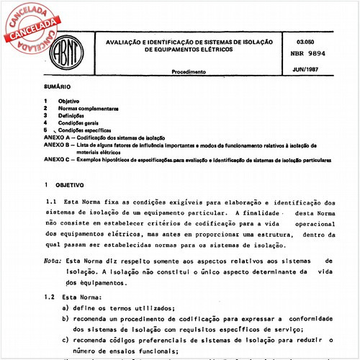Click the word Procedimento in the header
(189, 72)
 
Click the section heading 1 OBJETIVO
(66, 186)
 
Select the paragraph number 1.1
(51, 204)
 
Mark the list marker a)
(66, 307)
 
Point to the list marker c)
(66, 339)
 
